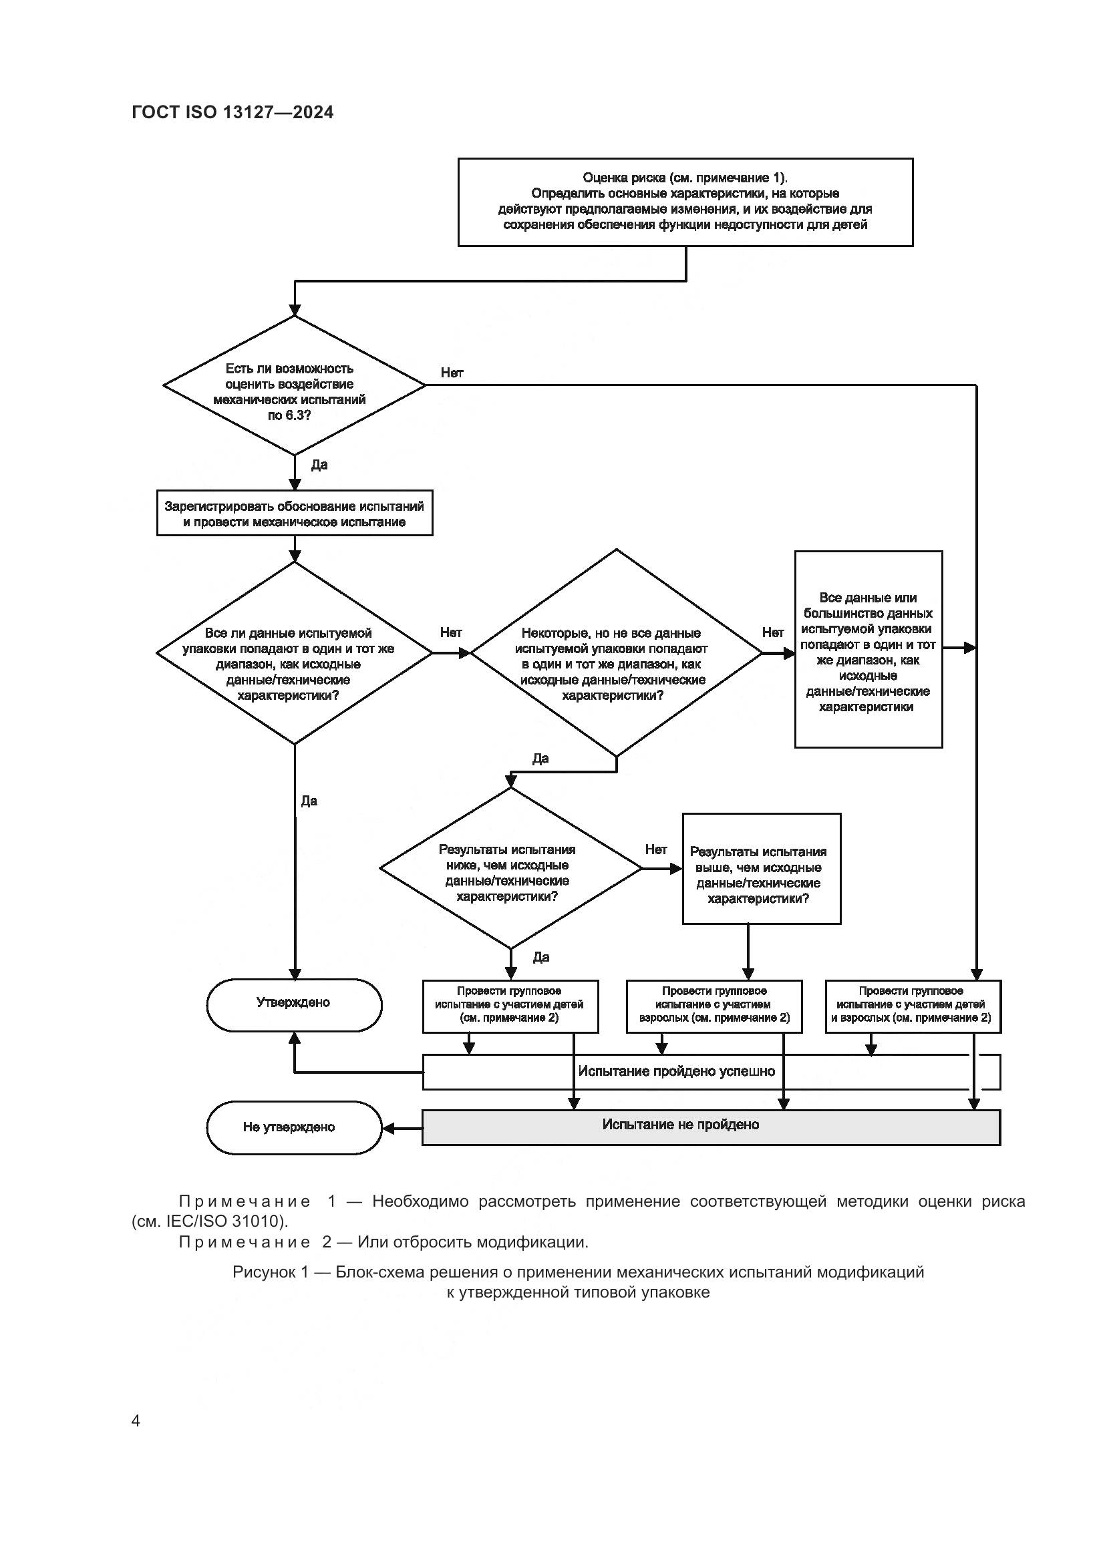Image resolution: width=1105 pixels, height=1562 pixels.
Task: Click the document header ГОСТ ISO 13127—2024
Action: click(x=232, y=113)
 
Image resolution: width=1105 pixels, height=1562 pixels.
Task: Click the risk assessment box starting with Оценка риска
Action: click(x=685, y=202)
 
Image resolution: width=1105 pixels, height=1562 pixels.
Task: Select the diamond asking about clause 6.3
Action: click(x=294, y=386)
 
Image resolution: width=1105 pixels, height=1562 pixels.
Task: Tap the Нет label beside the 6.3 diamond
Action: click(x=452, y=373)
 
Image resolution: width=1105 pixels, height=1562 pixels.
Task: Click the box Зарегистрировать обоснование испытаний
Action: click(x=294, y=514)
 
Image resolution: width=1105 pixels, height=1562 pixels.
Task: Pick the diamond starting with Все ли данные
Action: click(x=294, y=653)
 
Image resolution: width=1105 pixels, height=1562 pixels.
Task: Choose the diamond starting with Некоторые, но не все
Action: click(x=615, y=653)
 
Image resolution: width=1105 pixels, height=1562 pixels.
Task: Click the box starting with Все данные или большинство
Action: click(x=869, y=650)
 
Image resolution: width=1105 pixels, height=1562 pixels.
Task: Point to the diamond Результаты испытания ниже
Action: click(x=509, y=869)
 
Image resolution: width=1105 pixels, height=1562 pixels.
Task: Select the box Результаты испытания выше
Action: click(x=761, y=869)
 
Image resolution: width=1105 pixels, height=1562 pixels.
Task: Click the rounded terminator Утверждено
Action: click(x=294, y=1003)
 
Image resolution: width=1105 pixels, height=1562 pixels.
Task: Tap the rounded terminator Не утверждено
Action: click(x=294, y=1127)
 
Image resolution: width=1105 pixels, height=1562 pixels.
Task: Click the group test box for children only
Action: click(x=510, y=1005)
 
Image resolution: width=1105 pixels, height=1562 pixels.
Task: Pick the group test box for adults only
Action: click(x=714, y=1005)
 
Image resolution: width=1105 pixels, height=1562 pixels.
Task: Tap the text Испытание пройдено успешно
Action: click(x=676, y=1071)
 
